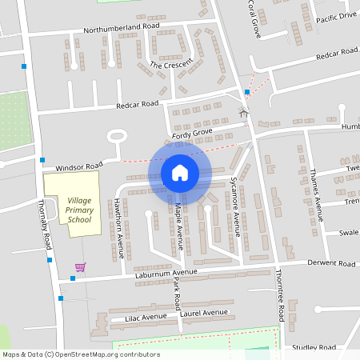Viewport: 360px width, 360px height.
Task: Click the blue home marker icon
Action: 179,173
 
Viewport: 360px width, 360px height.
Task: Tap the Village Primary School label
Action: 73,208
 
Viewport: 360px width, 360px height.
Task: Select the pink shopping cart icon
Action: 80,266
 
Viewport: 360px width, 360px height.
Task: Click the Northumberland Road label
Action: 121,28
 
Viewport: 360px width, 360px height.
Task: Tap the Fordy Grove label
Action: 193,131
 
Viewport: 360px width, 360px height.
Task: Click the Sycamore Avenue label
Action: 236,207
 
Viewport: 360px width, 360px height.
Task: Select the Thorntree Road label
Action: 280,305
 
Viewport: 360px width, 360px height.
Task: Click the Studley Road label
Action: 315,348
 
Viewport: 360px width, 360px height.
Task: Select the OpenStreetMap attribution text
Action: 80,354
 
